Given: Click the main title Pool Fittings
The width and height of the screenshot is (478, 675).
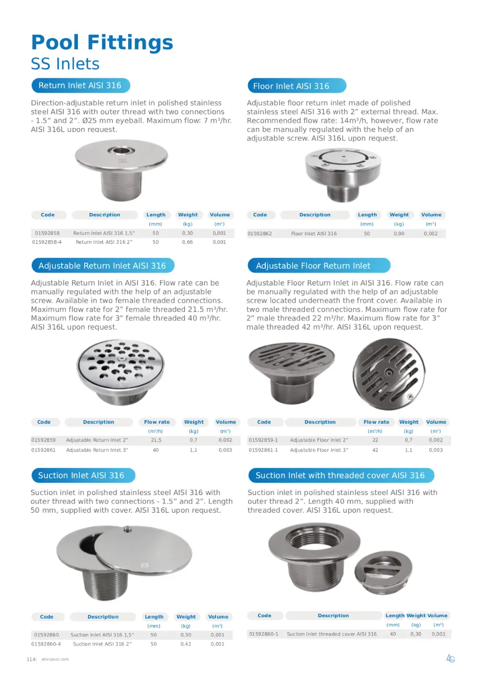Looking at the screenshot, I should tap(102, 42).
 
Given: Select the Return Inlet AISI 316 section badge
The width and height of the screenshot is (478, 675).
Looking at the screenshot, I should tap(80, 85).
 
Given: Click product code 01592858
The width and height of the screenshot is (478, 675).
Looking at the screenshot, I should tap(47, 233).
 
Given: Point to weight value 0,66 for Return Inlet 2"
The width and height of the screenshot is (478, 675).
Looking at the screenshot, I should tap(187, 242).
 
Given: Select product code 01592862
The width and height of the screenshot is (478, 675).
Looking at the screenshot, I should tap(260, 234).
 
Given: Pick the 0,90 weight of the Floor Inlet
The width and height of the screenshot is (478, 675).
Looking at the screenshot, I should tap(399, 234).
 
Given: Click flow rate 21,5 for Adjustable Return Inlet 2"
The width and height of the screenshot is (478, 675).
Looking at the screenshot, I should tap(156, 440).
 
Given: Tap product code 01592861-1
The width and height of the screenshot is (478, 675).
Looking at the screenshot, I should tap(263, 450).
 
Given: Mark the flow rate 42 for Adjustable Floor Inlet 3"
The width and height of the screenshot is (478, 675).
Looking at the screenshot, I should tap(375, 450).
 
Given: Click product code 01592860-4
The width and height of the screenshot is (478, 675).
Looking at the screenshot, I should tap(46, 644).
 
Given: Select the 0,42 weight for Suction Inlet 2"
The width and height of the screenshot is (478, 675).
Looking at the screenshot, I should tap(186, 644).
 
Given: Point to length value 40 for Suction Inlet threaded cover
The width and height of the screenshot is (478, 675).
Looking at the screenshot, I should tap(393, 634).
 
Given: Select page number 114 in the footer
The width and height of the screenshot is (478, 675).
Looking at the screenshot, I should tap(31, 659).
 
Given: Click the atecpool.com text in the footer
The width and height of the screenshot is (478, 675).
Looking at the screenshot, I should tap(55, 659).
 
